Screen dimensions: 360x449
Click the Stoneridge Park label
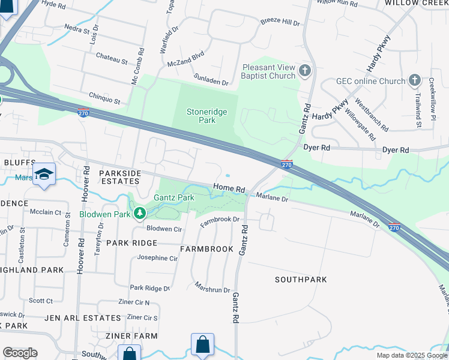pyautogui.click(x=200, y=116)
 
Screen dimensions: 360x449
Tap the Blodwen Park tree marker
pyautogui.click(x=139, y=213)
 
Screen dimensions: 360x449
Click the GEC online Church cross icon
pyautogui.click(x=414, y=80)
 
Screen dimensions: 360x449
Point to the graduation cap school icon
pyautogui.click(x=44, y=174)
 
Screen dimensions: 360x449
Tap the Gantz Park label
pyautogui.click(x=173, y=197)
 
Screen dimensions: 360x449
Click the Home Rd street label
pyautogui.click(x=230, y=188)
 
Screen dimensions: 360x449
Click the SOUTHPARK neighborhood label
pyautogui.click(x=301, y=280)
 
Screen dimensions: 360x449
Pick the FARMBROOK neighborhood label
pyautogui.click(x=206, y=248)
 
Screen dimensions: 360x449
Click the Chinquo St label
pyautogui.click(x=104, y=95)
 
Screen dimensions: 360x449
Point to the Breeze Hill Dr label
pyautogui.click(x=280, y=22)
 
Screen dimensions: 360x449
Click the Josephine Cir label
pyautogui.click(x=157, y=258)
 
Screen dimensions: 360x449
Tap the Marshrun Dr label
pyautogui.click(x=212, y=290)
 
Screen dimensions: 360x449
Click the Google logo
pyautogui.click(x=20, y=353)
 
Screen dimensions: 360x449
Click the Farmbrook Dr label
pyautogui.click(x=220, y=220)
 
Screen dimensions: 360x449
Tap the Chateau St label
pyautogui.click(x=108, y=61)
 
